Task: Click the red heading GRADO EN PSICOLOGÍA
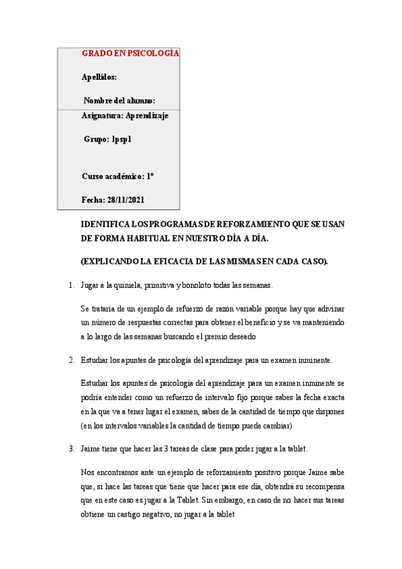130,53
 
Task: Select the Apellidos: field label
99,76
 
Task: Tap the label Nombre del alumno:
119,101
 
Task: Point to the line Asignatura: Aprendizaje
125,115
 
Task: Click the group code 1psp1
121,140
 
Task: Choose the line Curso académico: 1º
118,176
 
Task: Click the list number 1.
71,286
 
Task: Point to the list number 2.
71,360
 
